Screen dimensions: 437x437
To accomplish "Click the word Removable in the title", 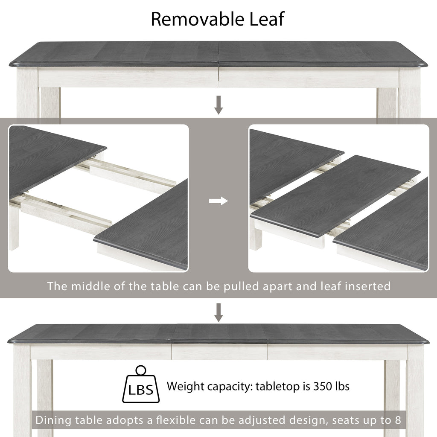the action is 197,19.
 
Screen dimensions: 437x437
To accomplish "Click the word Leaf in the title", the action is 267,19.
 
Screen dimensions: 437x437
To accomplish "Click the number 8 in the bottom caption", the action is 398,420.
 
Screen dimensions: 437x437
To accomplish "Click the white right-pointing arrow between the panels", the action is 218,201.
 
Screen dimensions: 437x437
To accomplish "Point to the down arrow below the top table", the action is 218,105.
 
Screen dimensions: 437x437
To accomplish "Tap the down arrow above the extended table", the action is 218,313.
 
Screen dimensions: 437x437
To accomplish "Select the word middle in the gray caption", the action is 90,286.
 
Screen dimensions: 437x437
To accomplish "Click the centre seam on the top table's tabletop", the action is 218,55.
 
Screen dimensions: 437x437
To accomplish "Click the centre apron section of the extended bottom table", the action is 219,352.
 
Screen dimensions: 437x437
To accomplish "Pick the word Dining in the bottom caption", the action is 53,420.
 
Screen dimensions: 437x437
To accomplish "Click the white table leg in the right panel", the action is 256,235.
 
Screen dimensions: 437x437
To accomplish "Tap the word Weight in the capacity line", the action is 185,387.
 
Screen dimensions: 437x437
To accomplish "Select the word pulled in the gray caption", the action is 242,287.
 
